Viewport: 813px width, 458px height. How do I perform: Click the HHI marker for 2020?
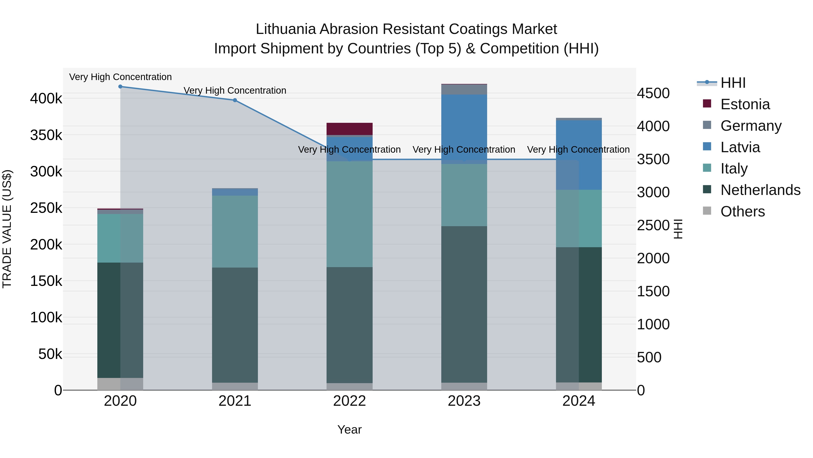[120, 87]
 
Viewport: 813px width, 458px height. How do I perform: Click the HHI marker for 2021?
[235, 100]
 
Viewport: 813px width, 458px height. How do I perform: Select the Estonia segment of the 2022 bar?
[349, 129]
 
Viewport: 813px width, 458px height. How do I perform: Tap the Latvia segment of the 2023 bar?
[464, 126]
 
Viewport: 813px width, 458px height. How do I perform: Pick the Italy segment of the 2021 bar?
[235, 231]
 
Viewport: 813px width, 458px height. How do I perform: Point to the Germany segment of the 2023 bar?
[464, 89]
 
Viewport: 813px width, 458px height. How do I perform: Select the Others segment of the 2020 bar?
[120, 384]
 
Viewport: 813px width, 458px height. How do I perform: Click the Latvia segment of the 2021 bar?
[235, 192]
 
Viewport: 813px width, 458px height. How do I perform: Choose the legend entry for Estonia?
[745, 104]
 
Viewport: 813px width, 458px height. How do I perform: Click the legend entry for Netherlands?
[760, 190]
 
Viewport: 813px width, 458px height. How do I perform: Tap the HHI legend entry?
[733, 83]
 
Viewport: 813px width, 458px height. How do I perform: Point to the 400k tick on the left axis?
[46, 99]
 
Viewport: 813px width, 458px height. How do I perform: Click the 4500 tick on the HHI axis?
[653, 93]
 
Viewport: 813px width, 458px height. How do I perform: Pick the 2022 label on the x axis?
[349, 401]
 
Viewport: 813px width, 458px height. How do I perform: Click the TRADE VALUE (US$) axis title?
[7, 229]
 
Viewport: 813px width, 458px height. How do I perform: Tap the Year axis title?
[349, 430]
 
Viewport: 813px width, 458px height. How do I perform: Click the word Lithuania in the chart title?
[286, 29]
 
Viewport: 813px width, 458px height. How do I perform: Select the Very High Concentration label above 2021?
[235, 90]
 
